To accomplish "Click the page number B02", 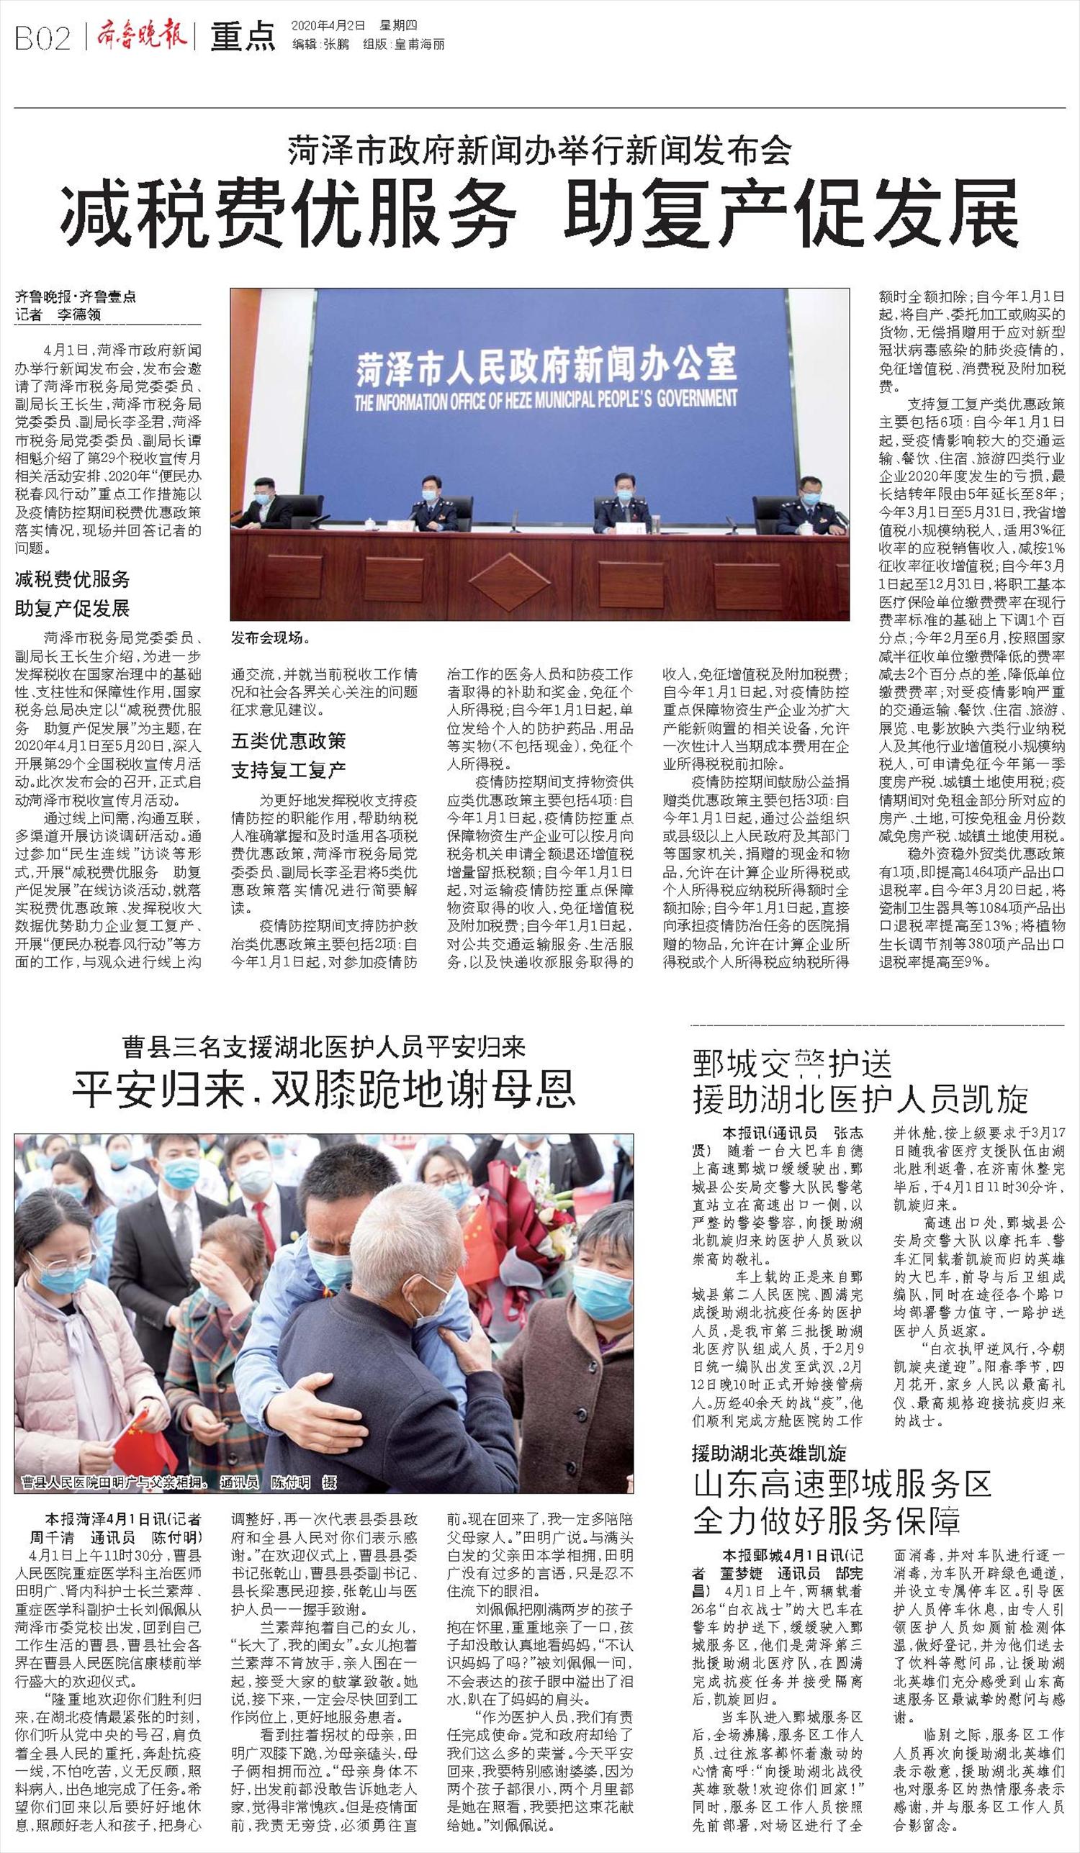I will tap(42, 38).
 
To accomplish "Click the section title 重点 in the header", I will tap(243, 38).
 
